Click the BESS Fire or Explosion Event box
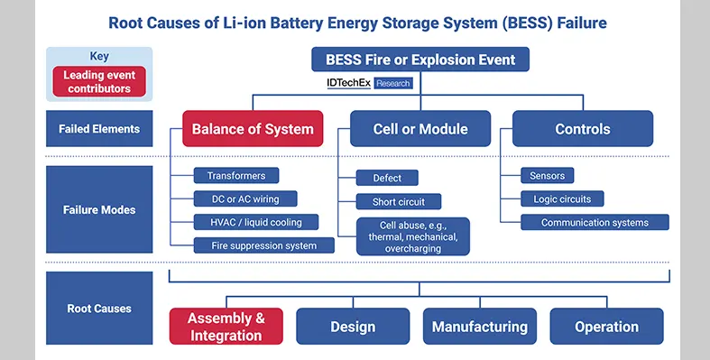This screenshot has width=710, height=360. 420,60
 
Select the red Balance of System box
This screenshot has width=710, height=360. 253,129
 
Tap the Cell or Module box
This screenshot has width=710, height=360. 420,129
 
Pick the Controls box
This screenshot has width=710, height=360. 583,129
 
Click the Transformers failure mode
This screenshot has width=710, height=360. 236,176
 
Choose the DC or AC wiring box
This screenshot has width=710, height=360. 245,198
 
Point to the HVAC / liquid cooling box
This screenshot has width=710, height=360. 249,222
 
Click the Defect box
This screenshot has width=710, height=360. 387,178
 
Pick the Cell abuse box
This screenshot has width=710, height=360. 413,236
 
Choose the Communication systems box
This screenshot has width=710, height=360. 595,222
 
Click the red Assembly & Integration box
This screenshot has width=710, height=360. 226,327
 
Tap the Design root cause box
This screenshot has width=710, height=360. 353,327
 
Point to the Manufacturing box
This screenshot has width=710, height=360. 480,327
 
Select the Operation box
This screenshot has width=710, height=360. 606,327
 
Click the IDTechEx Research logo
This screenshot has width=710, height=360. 368,83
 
